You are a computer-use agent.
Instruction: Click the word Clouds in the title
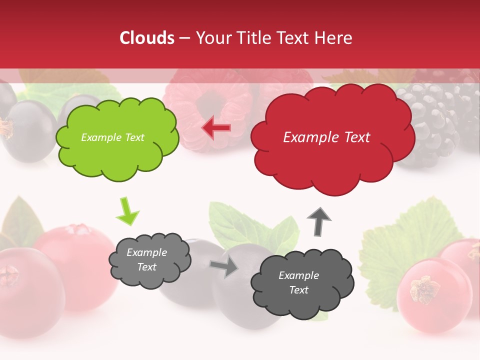(x=147, y=38)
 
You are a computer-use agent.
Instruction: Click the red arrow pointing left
(x=216, y=128)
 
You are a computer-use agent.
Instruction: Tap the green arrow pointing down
(x=127, y=212)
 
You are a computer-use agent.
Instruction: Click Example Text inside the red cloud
(x=326, y=137)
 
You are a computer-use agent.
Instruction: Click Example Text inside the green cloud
(x=112, y=137)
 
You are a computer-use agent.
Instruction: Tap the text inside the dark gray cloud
(x=298, y=282)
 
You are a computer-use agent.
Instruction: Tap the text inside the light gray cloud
(x=146, y=259)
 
